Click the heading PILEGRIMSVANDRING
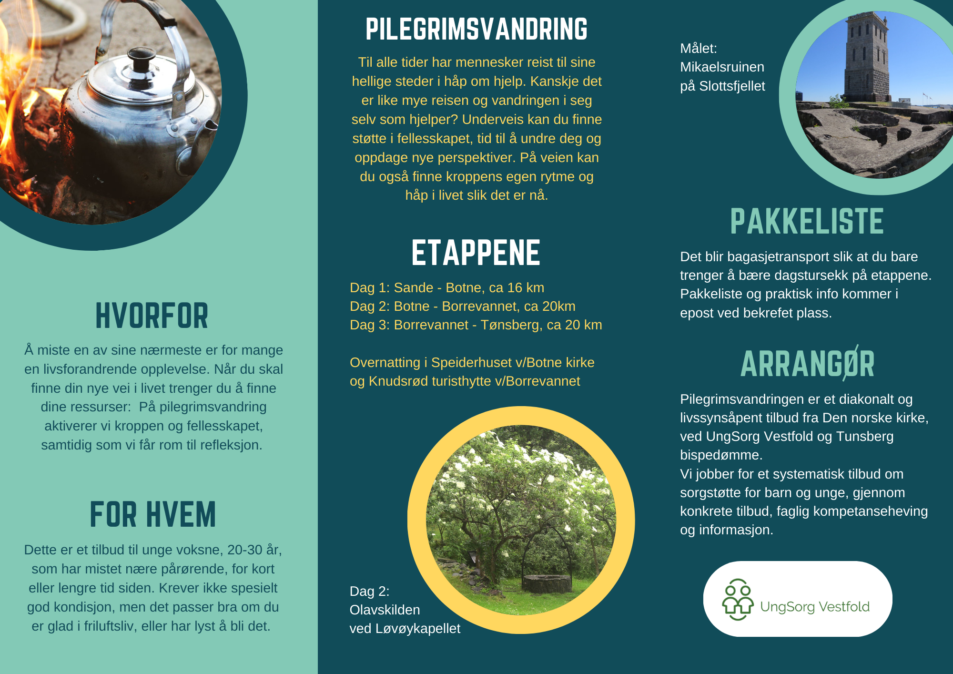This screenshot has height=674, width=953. coord(476,29)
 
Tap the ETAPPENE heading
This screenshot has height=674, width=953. coord(476,253)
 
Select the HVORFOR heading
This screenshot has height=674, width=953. coord(152,316)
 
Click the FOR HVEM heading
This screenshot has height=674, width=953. coord(153,515)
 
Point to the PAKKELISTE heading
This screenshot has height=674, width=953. coord(807,221)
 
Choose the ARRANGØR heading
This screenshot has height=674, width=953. coord(808,364)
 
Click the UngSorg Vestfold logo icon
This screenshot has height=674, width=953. coord(738,599)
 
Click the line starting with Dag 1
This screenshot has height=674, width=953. coord(447,287)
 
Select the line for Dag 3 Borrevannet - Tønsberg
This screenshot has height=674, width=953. coord(476,325)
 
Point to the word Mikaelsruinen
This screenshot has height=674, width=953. coord(722,67)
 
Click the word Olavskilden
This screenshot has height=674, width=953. coord(385,610)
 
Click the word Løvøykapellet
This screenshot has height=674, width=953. coord(418,629)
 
